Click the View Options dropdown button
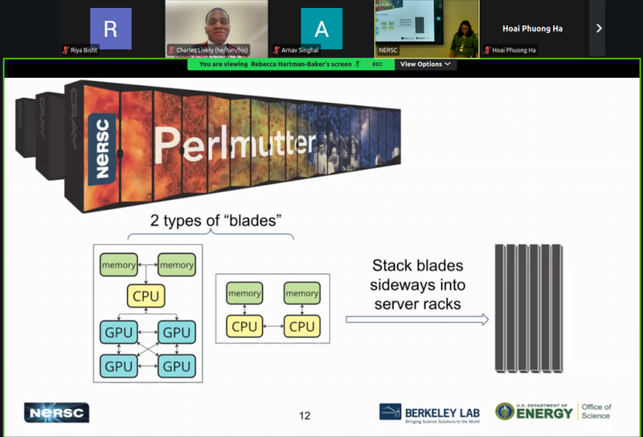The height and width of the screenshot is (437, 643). click(x=425, y=64)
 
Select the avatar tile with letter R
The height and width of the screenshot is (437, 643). click(x=111, y=29)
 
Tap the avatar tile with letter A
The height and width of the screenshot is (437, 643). click(x=321, y=29)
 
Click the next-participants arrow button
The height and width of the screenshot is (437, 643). click(x=598, y=28)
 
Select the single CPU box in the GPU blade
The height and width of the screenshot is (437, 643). click(x=146, y=296)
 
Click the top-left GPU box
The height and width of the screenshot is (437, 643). click(x=118, y=332)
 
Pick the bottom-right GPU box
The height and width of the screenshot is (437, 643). click(x=176, y=366)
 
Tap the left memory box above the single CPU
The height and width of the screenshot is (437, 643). click(x=118, y=264)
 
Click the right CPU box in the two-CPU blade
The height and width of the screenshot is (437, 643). click(x=301, y=326)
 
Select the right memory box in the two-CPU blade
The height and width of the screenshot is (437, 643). click(x=301, y=293)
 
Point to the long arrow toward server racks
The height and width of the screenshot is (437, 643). click(x=417, y=320)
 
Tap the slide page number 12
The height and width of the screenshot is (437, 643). click(x=305, y=415)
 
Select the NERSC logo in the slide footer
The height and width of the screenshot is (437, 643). click(x=56, y=413)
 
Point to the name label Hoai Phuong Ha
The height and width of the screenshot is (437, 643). click(x=532, y=28)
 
